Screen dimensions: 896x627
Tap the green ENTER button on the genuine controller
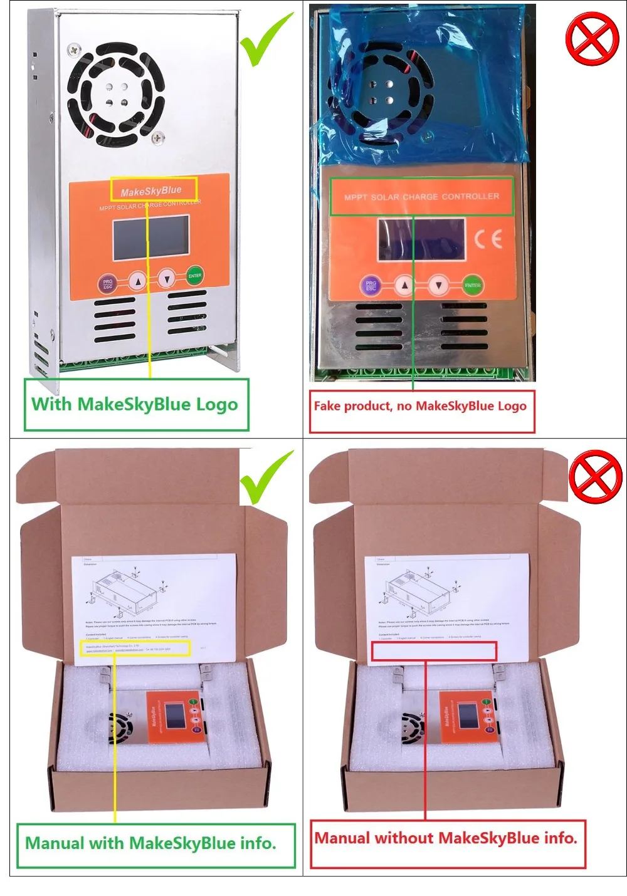[195, 276]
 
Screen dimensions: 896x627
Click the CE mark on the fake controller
[488, 239]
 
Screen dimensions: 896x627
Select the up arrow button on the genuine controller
[138, 281]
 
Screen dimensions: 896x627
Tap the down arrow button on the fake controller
[439, 286]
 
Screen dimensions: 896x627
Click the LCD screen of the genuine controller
[150, 237]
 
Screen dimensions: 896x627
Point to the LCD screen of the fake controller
[421, 239]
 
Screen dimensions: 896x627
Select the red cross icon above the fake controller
[592, 39]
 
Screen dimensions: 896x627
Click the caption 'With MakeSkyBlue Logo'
[135, 405]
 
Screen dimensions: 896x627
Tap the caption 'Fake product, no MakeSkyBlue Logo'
[421, 406]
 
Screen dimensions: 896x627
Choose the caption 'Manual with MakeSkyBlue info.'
[151, 843]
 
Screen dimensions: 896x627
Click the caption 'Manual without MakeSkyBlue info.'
[446, 838]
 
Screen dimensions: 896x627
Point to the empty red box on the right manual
[434, 652]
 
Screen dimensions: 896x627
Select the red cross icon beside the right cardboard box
[595, 476]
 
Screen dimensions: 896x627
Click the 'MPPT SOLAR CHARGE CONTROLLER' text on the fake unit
[422, 197]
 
